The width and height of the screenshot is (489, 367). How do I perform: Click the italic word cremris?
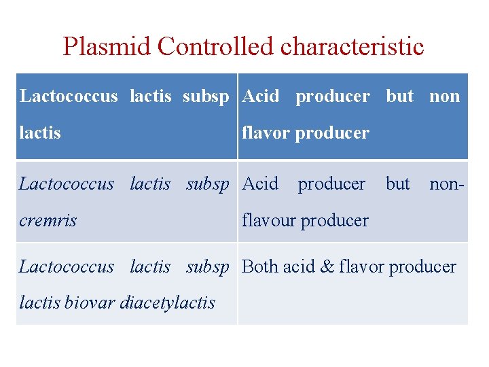point(48,220)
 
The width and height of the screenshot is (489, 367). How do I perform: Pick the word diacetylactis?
point(167,302)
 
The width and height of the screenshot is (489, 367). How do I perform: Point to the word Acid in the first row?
point(260,97)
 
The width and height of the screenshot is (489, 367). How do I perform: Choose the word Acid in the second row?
point(260,183)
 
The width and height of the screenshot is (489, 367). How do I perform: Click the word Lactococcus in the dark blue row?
point(69,97)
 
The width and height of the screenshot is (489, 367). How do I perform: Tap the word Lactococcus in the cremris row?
point(67,183)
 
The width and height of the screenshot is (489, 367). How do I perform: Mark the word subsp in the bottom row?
point(208,266)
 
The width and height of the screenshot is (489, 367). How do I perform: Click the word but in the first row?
point(399,97)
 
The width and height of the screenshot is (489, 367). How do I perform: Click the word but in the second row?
point(397,183)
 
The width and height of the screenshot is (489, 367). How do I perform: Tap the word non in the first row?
point(445,97)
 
